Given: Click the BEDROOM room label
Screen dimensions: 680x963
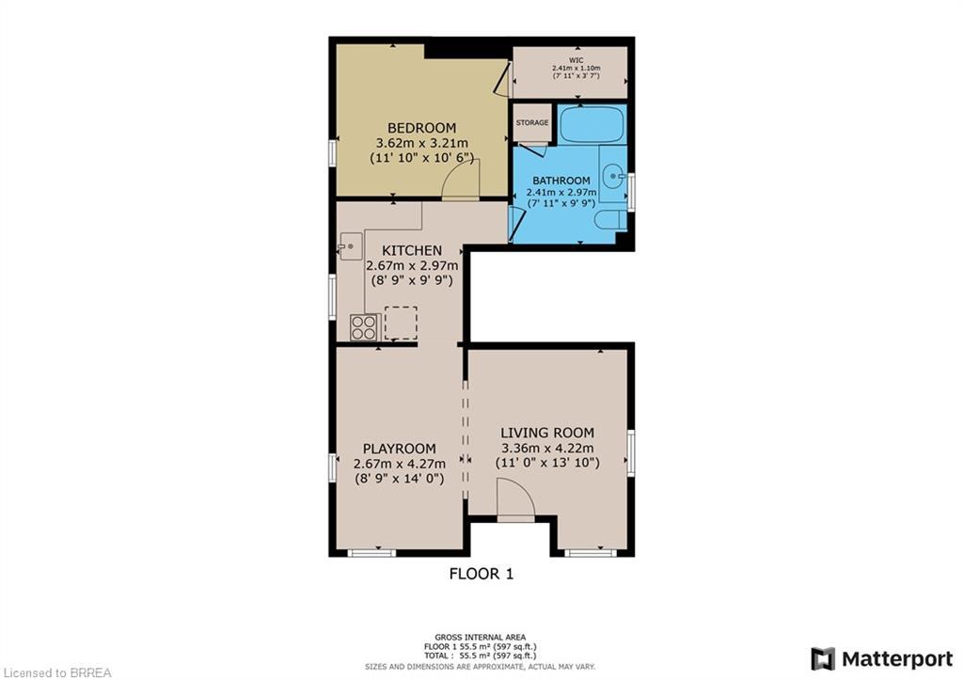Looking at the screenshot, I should [422, 128].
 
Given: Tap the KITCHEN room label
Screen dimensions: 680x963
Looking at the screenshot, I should [411, 250].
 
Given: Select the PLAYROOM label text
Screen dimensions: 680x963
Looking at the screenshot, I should [400, 449].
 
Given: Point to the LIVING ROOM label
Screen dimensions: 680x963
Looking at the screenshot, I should [547, 433].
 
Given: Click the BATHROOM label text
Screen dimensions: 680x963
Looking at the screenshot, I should [561, 181].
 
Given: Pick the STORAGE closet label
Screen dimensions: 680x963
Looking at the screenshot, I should [531, 123].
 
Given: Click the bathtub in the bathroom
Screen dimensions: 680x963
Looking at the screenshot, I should [592, 125].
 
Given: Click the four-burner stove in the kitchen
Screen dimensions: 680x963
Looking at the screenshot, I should [365, 327].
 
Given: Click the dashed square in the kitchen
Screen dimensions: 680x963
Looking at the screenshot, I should [401, 323].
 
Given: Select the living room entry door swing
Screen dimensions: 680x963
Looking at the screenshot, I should [514, 498].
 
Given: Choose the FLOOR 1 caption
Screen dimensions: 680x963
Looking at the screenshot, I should [481, 573].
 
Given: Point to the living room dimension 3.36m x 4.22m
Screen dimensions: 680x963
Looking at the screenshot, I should [547, 448].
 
